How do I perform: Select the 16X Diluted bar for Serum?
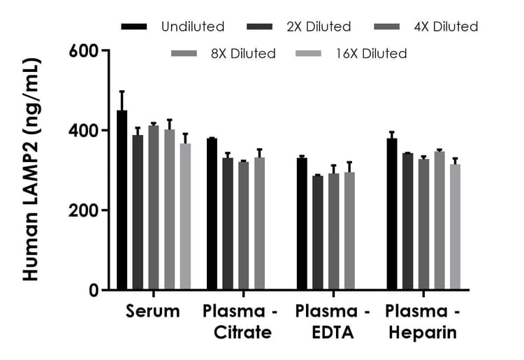coord(185,216)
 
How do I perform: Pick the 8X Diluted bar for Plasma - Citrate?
coord(259,223)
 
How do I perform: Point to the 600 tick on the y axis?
coord(104,50)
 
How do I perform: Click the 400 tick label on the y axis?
coord(85,131)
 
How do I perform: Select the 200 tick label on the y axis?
coord(85,210)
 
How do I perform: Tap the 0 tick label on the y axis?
coord(93,291)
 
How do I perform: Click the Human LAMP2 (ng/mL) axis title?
coord(31,170)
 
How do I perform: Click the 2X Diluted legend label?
coord(318,27)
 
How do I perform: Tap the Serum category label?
coord(153,311)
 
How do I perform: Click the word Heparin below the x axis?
coord(422,332)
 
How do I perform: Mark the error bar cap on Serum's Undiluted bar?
coord(122,91)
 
